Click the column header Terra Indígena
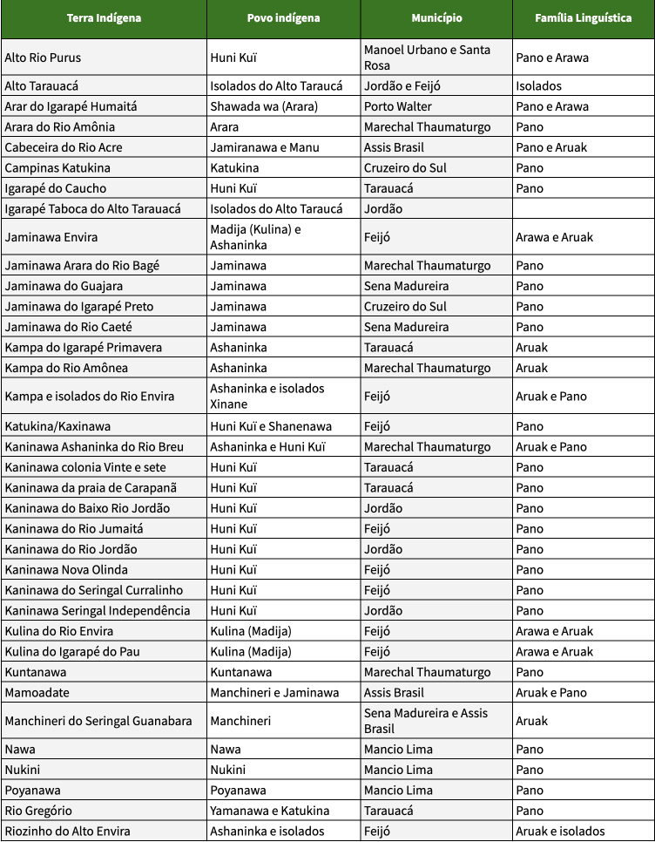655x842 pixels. pos(104,18)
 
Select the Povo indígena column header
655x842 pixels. pos(283,18)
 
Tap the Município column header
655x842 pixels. pos(436,18)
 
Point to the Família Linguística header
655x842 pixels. pos(584,18)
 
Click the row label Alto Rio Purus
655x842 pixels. pos(43,58)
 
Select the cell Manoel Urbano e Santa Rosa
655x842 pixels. pos(427,58)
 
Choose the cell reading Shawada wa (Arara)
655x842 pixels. pos(264,106)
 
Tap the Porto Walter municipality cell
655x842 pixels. pos(398,106)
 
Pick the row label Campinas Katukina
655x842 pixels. pos(57,167)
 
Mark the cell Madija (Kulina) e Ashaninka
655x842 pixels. pos(255,237)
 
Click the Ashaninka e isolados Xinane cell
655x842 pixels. pos(267,396)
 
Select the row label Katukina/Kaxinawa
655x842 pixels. pos(57,426)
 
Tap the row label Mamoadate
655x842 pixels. pos(37,693)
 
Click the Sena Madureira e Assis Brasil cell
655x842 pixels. pos(426,721)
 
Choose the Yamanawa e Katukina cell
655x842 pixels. pos(270,811)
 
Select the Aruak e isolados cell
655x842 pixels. pos(560,832)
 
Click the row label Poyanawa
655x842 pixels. pos(34,791)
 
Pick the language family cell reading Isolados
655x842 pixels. pos(538,86)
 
